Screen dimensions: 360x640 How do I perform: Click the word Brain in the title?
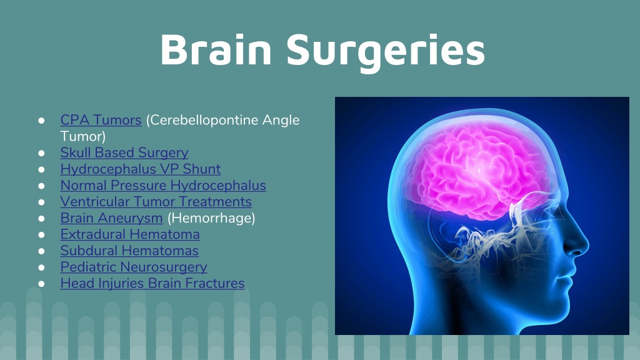(x=216, y=49)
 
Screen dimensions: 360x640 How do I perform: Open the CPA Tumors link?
(x=101, y=119)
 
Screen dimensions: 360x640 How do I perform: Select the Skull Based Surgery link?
(x=124, y=152)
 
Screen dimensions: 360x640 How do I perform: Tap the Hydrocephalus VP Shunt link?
(x=140, y=169)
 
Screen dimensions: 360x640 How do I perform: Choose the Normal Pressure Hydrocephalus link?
(x=163, y=186)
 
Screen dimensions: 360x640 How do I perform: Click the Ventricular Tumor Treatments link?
(x=156, y=202)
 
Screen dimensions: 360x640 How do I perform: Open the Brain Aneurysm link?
(x=111, y=218)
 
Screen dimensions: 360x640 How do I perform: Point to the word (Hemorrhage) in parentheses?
(x=211, y=218)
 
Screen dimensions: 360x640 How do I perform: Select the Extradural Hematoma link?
(x=130, y=234)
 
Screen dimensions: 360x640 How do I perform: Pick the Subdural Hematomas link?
(x=129, y=251)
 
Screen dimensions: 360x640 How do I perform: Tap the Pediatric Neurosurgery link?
(x=133, y=267)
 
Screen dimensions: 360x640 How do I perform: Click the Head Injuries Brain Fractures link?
(x=152, y=283)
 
